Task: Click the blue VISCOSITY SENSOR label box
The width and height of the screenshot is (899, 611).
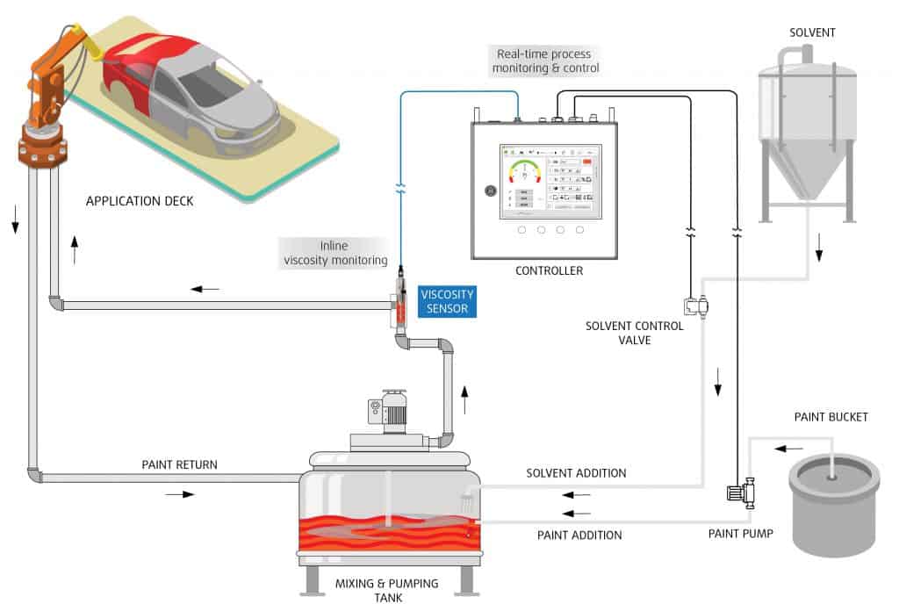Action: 447,301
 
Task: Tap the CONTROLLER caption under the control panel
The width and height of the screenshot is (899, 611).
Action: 550,270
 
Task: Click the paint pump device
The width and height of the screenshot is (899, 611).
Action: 741,492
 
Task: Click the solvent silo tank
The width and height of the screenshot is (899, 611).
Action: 807,132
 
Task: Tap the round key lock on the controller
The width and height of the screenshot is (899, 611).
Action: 491,190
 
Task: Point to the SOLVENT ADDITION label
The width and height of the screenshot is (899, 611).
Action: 576,473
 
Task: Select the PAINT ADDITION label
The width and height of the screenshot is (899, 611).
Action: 579,534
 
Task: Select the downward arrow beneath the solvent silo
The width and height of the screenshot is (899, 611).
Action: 818,254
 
